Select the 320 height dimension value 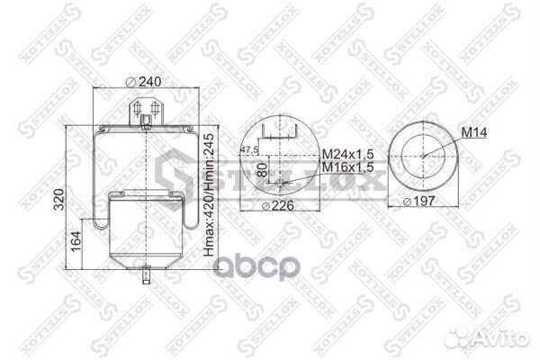pos(58,198)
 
